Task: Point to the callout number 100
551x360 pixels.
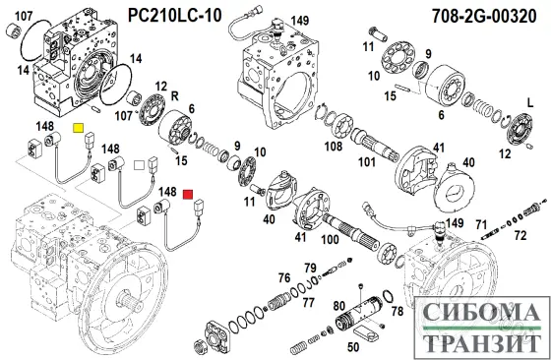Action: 331,240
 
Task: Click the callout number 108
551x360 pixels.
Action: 334,148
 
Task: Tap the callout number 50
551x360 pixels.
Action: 353,345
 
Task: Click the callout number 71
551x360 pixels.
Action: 482,225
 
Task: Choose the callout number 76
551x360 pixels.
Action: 283,278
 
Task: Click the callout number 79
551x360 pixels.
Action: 310,267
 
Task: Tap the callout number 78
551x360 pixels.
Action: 397,312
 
